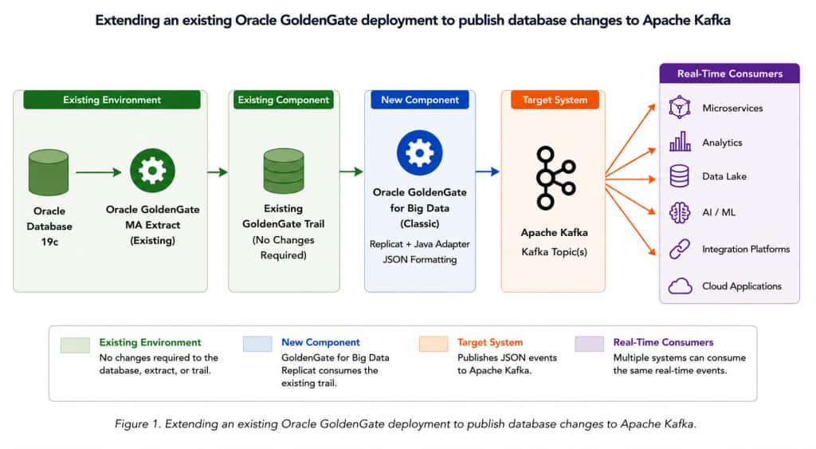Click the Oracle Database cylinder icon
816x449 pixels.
pyautogui.click(x=49, y=172)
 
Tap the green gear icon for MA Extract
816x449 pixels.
pyautogui.click(x=152, y=171)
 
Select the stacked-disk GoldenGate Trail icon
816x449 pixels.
pyautogui.click(x=284, y=171)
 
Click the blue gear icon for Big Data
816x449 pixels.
pyautogui.click(x=419, y=152)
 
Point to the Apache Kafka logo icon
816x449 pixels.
pyautogui.click(x=555, y=178)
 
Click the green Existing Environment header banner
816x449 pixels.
pyautogui.click(x=112, y=100)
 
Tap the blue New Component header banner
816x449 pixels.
pyautogui.click(x=419, y=100)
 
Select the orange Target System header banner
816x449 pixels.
pyautogui.click(x=555, y=100)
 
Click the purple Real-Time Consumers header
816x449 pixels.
pyautogui.click(x=730, y=73)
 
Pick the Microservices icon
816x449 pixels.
pyautogui.click(x=680, y=108)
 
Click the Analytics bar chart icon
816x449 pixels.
pyautogui.click(x=680, y=141)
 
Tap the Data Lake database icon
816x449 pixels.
pyautogui.click(x=679, y=176)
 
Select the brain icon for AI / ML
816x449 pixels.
pyautogui.click(x=680, y=212)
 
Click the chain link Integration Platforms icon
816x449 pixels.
pyautogui.click(x=680, y=249)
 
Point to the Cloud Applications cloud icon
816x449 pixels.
pyautogui.click(x=681, y=286)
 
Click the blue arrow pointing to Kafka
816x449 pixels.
pyautogui.click(x=488, y=171)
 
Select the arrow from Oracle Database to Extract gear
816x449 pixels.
pyautogui.click(x=98, y=172)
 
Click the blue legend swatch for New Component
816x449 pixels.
pyautogui.click(x=257, y=344)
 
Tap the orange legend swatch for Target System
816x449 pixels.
pyautogui.click(x=433, y=344)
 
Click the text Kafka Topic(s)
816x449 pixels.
pyautogui.click(x=555, y=252)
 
